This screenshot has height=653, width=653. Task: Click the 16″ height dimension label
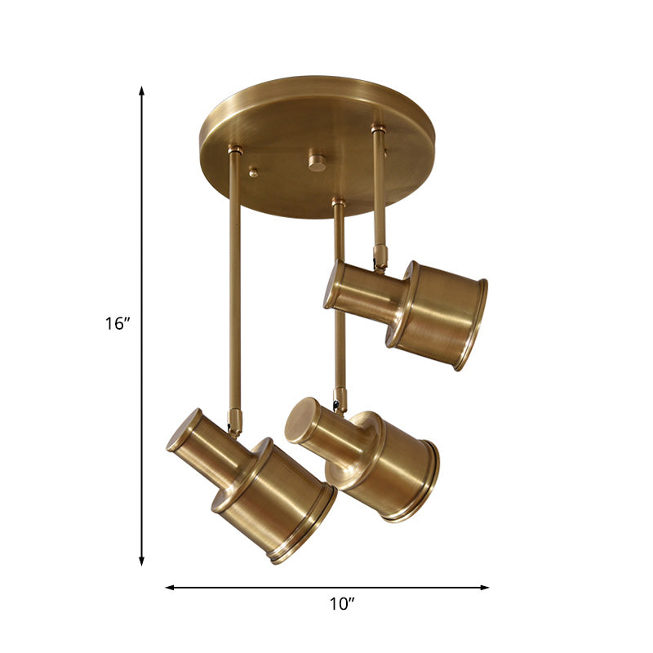pyautogui.click(x=118, y=323)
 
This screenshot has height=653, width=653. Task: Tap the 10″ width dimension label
pyautogui.click(x=342, y=605)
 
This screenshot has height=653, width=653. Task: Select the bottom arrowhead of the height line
pyautogui.click(x=142, y=561)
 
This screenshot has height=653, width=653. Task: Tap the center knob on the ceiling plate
pyautogui.click(x=315, y=160)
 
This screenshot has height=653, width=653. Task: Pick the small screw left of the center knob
pyautogui.click(x=254, y=172)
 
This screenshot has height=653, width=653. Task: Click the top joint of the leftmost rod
pyautogui.click(x=235, y=150)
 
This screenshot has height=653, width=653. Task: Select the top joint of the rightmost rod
pyautogui.click(x=377, y=128)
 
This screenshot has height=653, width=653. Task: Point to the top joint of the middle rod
pyautogui.click(x=338, y=202)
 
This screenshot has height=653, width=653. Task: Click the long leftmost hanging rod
pyautogui.click(x=234, y=278)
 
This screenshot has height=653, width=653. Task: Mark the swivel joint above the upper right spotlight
pyautogui.click(x=380, y=258)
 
